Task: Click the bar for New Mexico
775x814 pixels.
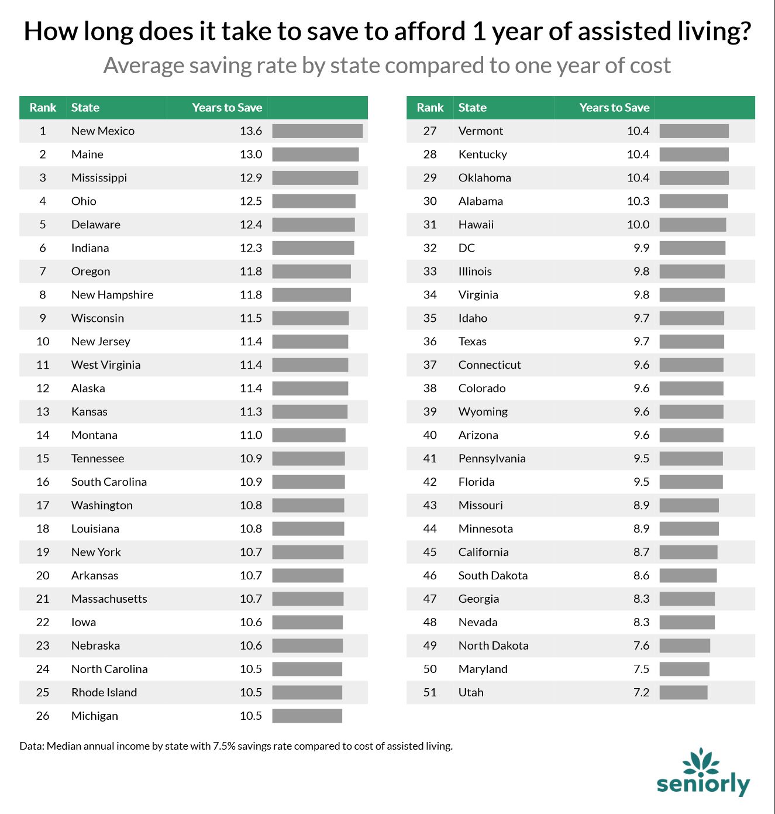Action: [x=317, y=131]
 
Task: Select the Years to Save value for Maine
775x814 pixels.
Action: [x=250, y=154]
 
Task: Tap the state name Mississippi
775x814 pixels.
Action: [x=99, y=178]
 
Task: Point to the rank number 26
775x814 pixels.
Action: [x=43, y=716]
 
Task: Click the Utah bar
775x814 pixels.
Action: [x=683, y=692]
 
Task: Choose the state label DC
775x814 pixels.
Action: [x=466, y=248]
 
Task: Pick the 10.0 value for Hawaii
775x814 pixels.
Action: [x=638, y=225]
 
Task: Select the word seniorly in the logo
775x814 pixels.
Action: [x=702, y=784]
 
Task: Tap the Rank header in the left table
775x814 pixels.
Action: [x=43, y=108]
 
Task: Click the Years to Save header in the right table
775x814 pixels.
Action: [x=614, y=108]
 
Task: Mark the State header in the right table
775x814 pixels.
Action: [x=472, y=108]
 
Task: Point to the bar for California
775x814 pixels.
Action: [x=688, y=552]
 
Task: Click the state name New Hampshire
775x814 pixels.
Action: [x=112, y=295]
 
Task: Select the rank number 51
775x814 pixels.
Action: [x=430, y=692]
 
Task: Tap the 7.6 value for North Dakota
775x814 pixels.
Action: [x=641, y=645]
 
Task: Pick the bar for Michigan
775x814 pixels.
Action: [x=306, y=716]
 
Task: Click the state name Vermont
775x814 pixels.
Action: [x=480, y=131]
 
